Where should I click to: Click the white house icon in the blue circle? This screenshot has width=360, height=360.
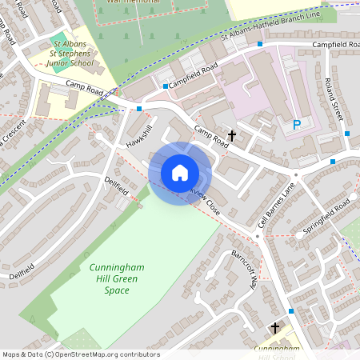pyautogui.click(x=180, y=173)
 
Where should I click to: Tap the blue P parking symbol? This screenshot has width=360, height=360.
pyautogui.click(x=296, y=125)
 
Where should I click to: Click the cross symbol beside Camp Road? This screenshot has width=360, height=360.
pyautogui.click(x=233, y=136)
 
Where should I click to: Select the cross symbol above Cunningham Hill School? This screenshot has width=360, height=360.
pyautogui.click(x=275, y=328)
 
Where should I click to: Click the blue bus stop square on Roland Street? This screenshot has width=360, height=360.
pyautogui.click(x=347, y=134)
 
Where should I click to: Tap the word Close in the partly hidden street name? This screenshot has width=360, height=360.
pyautogui.click(x=210, y=206)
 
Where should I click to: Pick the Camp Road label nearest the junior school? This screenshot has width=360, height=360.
pyautogui.click(x=86, y=83)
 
